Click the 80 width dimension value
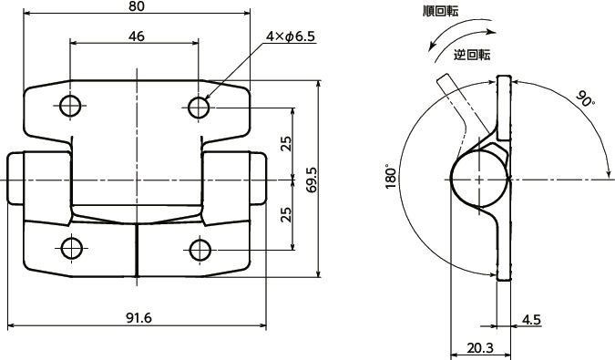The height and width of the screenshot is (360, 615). click(x=136, y=5)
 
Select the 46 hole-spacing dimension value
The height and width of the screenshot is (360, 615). click(x=136, y=36)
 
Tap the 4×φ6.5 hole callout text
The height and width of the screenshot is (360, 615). click(x=291, y=36)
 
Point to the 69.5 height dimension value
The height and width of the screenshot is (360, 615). click(x=312, y=180)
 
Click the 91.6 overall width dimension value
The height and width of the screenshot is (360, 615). click(x=138, y=318)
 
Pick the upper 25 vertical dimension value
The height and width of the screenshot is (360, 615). click(x=287, y=143)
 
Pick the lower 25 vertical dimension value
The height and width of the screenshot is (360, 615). click(x=287, y=214)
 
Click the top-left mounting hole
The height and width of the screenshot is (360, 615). click(x=70, y=106)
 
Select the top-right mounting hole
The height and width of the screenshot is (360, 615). click(x=199, y=107)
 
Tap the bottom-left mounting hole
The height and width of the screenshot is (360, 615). click(x=72, y=248)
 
